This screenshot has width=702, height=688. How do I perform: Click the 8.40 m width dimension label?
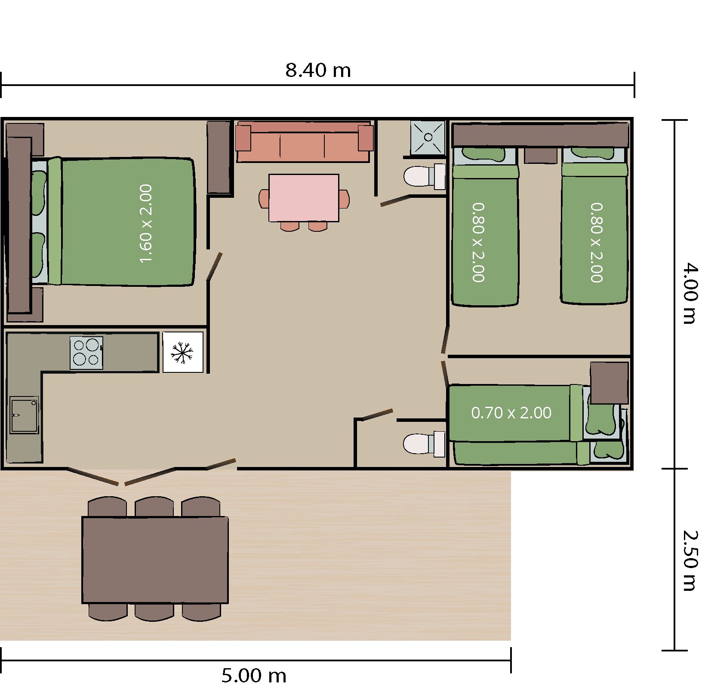[318, 70]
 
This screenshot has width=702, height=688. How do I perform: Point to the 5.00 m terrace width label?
[254, 676]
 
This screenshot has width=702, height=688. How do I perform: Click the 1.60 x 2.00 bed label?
[146, 223]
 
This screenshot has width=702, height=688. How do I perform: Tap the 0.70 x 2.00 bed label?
[511, 413]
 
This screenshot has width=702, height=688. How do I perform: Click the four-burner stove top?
[86, 353]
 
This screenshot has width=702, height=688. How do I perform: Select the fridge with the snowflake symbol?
[183, 352]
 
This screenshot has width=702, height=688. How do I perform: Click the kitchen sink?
[25, 415]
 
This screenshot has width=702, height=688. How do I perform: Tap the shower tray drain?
[428, 137]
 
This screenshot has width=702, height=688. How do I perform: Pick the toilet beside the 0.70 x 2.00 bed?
[424, 444]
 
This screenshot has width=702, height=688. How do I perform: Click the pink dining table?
[304, 198]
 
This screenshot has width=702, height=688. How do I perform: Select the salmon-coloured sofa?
[304, 142]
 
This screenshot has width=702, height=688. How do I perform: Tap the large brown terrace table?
[155, 560]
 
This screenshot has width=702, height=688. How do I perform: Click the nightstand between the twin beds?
[541, 155]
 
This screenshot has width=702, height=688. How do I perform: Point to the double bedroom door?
[214, 266]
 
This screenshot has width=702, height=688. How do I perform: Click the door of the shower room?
[395, 200]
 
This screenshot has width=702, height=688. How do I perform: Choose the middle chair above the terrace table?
[154, 507]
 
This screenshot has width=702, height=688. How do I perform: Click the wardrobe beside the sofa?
[219, 157]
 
